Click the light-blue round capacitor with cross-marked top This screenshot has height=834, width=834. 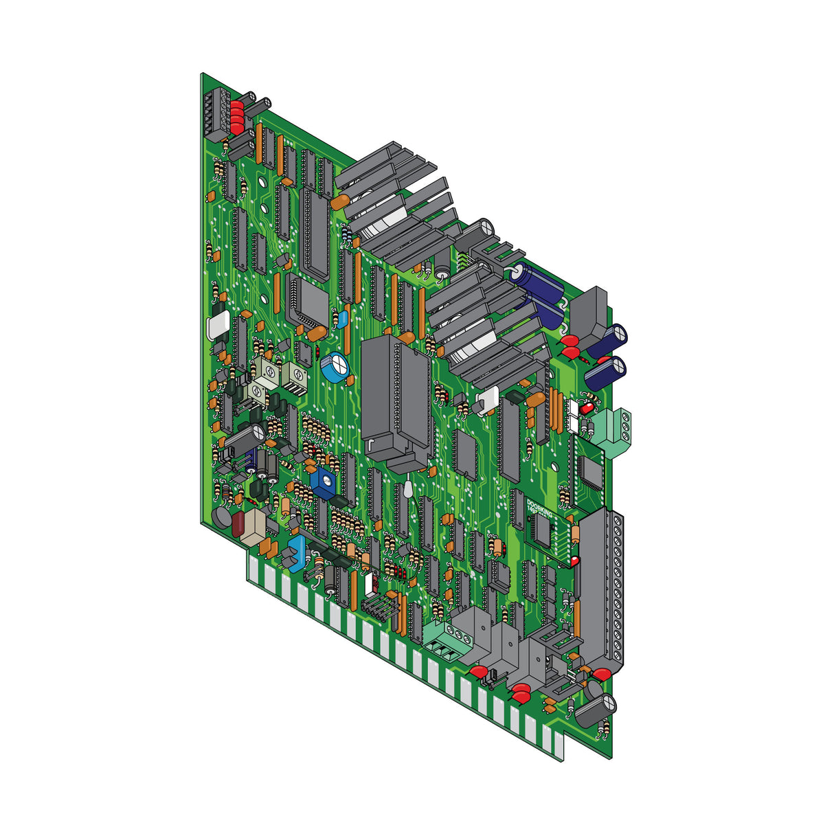(x=337, y=367)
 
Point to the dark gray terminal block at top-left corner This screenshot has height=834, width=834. (x=213, y=115)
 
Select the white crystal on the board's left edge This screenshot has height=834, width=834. (x=218, y=324)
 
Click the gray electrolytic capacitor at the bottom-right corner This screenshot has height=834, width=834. (x=594, y=708)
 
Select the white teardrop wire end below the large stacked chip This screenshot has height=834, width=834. (x=407, y=489)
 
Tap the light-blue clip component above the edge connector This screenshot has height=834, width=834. (x=297, y=553)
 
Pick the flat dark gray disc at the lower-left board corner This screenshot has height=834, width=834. (x=221, y=518)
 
